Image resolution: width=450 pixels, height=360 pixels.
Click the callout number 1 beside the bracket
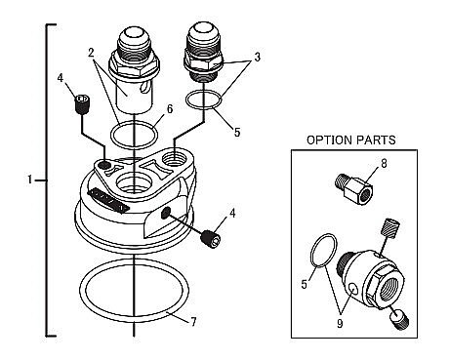(30, 180)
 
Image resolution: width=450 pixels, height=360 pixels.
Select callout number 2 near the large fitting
(92, 54)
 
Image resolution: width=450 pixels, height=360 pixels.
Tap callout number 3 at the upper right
(258, 58)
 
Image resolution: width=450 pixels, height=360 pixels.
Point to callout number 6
(170, 109)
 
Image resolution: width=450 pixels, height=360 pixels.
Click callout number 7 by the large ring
(193, 322)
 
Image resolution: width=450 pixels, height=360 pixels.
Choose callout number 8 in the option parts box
(385, 164)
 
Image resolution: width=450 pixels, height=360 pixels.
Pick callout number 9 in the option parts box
(340, 324)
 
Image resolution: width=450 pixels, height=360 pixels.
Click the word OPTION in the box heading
(330, 140)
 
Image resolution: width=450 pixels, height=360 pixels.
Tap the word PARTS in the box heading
(376, 140)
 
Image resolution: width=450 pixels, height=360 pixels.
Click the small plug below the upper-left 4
(82, 104)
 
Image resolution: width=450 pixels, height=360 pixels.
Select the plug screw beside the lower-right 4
(211, 239)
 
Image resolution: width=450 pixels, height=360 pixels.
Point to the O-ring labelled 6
(111, 135)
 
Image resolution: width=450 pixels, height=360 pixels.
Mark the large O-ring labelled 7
(79, 290)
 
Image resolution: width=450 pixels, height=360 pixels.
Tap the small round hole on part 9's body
(352, 287)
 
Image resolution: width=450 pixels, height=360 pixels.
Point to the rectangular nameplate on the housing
(106, 201)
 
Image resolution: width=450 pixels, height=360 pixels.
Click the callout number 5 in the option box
(305, 285)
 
